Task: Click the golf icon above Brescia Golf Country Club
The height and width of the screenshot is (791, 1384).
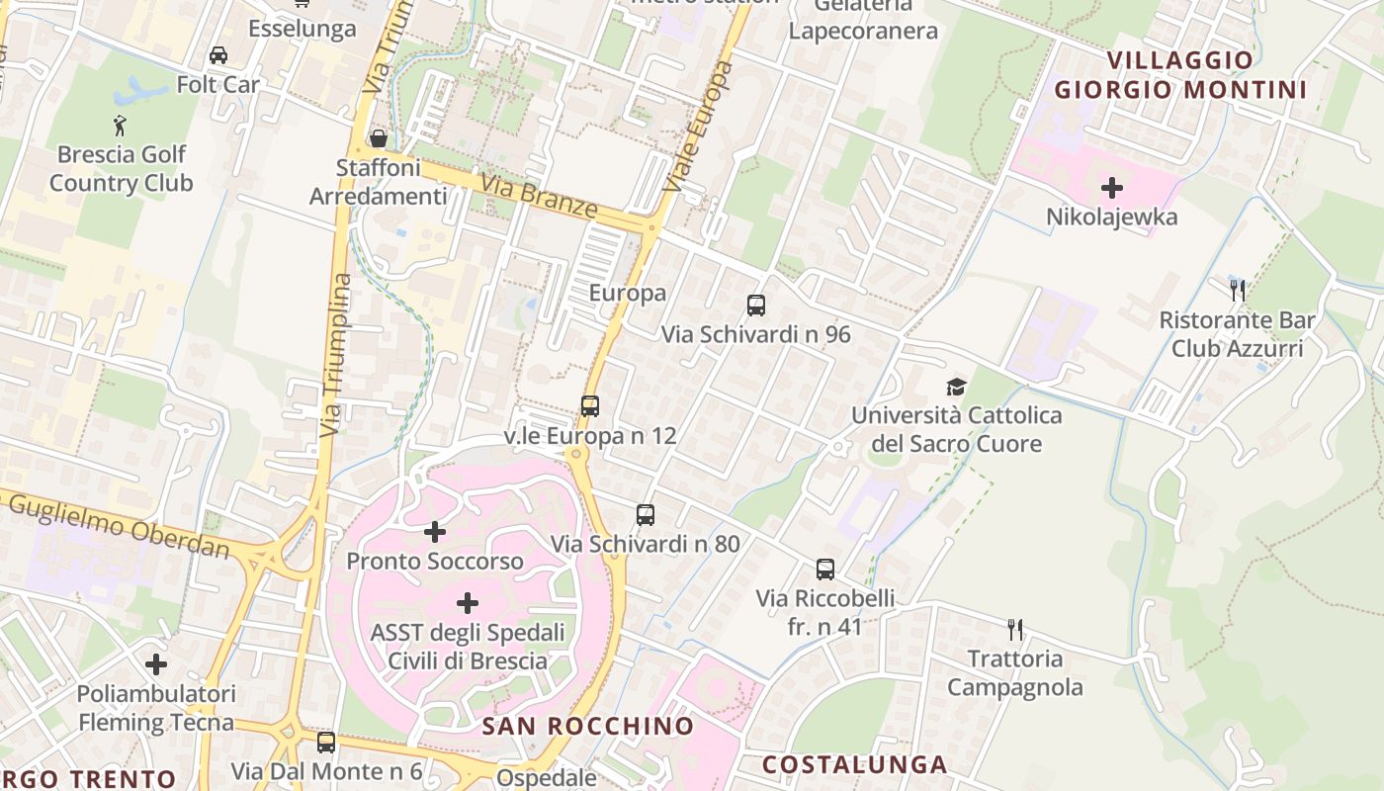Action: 120,126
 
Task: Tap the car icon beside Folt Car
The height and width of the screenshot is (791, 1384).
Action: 218,55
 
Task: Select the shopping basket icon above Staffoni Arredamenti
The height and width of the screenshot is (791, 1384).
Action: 378,138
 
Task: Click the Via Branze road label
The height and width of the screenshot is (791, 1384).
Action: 540,195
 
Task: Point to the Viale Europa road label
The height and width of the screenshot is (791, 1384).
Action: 698,127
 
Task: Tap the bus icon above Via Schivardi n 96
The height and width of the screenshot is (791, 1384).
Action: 756,306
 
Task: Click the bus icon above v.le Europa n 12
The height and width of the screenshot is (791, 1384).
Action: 590,406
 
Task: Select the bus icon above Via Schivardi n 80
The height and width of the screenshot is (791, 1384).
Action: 646,515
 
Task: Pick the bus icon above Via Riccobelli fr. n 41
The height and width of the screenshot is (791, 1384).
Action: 825,570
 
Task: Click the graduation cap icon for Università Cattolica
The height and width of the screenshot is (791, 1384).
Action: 956,387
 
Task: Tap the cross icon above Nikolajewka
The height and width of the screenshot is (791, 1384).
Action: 1112,187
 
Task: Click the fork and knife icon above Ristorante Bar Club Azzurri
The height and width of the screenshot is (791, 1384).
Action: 1237,291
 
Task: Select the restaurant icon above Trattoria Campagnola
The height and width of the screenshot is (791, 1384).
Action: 1014,630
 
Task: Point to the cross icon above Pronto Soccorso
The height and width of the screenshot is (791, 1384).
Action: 434,533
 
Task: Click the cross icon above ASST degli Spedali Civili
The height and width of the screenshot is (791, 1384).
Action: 468,603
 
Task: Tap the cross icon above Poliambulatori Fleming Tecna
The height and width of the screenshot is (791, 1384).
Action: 156,664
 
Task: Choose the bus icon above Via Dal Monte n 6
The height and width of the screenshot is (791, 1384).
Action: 326,742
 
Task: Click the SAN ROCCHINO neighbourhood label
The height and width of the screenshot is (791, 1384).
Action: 588,726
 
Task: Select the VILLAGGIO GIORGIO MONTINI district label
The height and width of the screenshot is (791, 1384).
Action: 1180,75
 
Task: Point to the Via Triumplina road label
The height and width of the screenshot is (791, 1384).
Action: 337,356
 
